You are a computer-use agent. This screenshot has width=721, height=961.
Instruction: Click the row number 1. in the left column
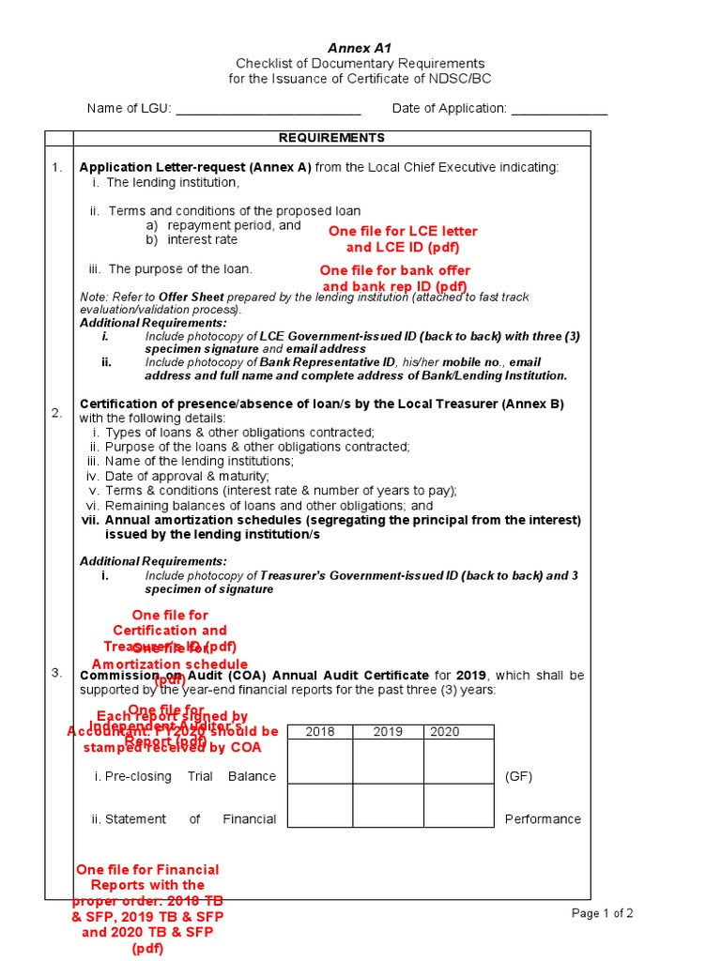57,167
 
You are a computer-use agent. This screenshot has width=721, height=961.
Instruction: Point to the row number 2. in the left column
57,413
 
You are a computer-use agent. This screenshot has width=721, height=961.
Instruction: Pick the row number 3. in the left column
57,672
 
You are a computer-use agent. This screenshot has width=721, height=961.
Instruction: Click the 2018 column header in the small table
319,732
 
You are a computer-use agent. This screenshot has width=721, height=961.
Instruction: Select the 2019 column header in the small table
388,732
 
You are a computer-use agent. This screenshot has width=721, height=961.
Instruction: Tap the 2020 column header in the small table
446,732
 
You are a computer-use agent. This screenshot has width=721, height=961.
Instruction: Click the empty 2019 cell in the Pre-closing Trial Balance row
388,762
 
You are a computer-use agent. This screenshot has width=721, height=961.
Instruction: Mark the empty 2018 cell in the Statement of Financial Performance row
319,805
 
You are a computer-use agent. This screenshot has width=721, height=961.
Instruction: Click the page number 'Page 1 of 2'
603,913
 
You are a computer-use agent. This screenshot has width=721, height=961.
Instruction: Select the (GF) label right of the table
519,776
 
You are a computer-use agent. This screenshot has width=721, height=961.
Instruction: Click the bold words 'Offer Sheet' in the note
194,297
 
